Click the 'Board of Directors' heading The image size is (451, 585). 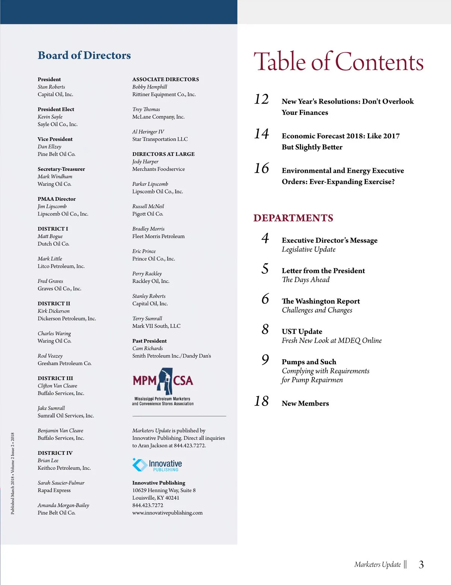[84, 56]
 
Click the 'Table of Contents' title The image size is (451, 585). [339, 62]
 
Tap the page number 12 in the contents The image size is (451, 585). [262, 100]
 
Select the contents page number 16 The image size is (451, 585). [262, 169]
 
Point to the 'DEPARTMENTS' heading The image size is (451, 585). [293, 218]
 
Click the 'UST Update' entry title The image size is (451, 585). [302, 332]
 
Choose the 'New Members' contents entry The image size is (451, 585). [305, 403]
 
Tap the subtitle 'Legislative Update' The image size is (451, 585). [309, 250]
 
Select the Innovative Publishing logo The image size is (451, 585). [157, 465]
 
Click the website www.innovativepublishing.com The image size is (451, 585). [167, 513]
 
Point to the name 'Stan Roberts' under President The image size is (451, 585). [51, 87]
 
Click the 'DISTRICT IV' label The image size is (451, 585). [55, 453]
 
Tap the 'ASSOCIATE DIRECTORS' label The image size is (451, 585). [165, 80]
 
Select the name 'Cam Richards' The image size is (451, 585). [147, 348]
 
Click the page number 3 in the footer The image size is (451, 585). [421, 565]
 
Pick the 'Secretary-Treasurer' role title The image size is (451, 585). [61, 169]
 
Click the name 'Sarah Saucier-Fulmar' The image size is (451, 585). [61, 483]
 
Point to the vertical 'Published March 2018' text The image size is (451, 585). [12, 473]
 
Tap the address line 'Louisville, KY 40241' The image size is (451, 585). [156, 498]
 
